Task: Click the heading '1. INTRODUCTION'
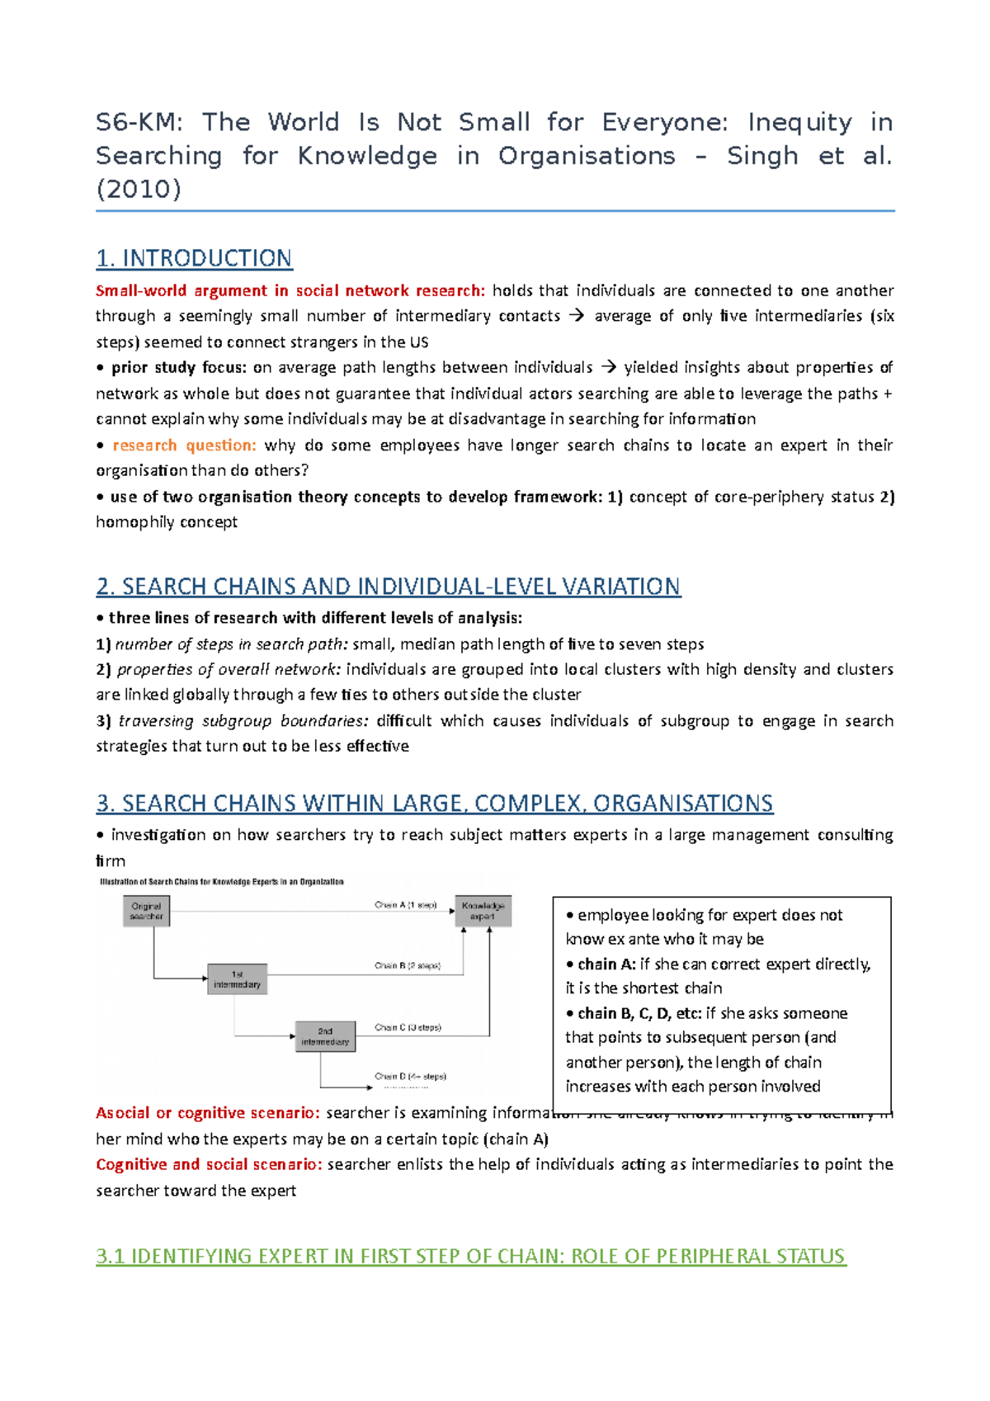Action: pos(194,258)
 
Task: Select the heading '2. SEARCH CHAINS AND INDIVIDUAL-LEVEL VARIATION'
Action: pos(388,587)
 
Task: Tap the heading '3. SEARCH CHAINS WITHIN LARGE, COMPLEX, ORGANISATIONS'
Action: pos(434,804)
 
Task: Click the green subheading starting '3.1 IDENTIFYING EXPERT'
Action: pos(470,1256)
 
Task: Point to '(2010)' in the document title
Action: pos(139,189)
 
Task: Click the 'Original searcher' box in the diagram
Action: pos(147,911)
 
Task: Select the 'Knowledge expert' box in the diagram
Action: pos(483,911)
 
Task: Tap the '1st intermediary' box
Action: pos(237,979)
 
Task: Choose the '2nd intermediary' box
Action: pos(325,1036)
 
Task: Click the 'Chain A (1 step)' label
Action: pos(406,905)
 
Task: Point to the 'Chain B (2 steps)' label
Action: pos(408,965)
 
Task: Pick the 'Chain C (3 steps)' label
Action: pos(408,1027)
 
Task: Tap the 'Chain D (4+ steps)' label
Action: pos(410,1076)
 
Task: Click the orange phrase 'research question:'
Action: pos(184,446)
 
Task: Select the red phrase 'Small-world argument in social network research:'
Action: pos(290,290)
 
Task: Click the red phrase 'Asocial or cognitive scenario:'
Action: pos(208,1113)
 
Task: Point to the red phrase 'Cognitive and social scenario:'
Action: pos(209,1164)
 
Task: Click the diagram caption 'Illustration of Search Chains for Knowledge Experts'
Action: pos(221,882)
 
